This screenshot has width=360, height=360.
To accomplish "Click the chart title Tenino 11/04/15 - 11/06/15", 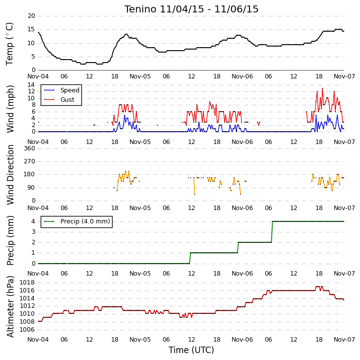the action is [x=191, y=9].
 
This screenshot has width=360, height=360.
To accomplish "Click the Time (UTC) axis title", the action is [x=191, y=350].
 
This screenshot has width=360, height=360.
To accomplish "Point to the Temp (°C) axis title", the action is [x=9, y=44].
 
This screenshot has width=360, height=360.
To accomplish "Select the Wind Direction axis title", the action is [x=10, y=175].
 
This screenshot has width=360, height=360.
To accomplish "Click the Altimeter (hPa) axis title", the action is [x=10, y=306].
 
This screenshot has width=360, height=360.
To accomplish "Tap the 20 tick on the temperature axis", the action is [x=31, y=16].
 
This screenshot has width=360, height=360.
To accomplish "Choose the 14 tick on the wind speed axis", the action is [x=31, y=85].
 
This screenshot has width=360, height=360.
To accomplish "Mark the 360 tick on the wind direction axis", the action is [x=30, y=148].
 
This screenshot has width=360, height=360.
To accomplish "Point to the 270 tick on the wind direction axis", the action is [x=30, y=161].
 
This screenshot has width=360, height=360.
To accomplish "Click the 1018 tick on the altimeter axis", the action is [x=27, y=283].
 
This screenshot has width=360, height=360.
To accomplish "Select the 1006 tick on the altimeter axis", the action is [x=27, y=330].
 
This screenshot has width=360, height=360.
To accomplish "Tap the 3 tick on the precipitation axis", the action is [x=34, y=231].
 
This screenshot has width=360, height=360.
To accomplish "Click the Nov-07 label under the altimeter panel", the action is [x=344, y=339].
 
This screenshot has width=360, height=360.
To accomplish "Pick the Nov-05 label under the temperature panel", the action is [x=140, y=76].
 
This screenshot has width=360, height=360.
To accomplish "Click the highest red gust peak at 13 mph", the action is [x=322, y=88].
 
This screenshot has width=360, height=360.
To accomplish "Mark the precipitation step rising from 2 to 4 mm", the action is [x=272, y=232].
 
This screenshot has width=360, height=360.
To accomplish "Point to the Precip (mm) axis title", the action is [x=10, y=240].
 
